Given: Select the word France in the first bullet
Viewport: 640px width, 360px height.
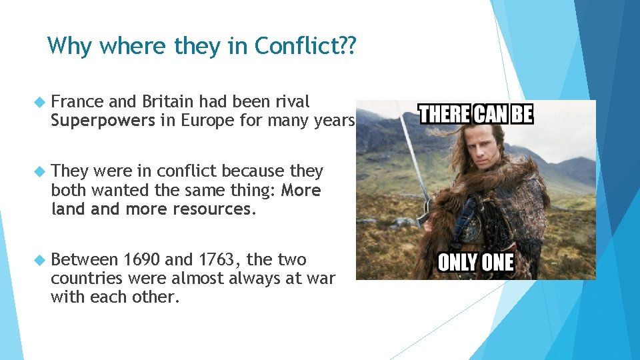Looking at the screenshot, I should click(x=77, y=102).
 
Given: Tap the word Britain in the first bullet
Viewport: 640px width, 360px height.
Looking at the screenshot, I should click(x=167, y=102).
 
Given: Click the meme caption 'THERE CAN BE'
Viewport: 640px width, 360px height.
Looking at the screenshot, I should click(x=475, y=113).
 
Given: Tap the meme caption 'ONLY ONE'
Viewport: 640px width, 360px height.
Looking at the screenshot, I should click(x=475, y=261).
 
